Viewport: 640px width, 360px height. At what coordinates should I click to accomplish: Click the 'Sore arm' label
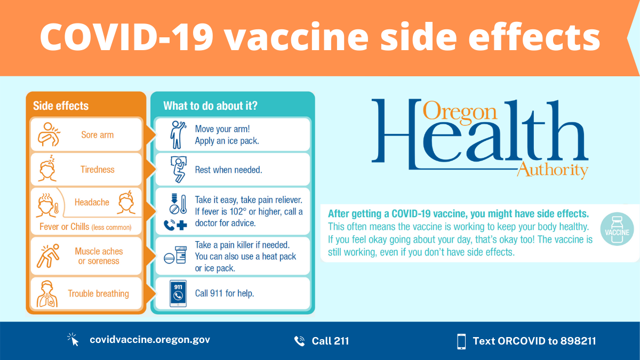click(x=97, y=135)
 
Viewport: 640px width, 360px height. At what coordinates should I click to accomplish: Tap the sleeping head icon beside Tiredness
click(x=49, y=169)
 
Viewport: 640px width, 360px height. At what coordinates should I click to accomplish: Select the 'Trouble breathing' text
click(x=98, y=293)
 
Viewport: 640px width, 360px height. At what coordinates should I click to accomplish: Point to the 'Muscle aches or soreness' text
click(x=99, y=256)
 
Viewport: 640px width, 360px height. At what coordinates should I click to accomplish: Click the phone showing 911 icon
click(x=178, y=294)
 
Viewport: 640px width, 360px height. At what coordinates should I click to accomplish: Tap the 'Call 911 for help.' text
click(x=224, y=293)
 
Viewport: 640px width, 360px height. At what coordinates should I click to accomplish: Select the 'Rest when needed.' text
click(x=228, y=170)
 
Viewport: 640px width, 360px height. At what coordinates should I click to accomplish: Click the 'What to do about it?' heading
click(x=210, y=106)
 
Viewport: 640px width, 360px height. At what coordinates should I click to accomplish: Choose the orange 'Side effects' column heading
click(x=61, y=106)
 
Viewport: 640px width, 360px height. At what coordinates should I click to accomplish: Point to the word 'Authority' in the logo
click(x=552, y=170)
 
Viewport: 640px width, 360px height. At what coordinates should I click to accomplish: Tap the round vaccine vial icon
click(x=618, y=231)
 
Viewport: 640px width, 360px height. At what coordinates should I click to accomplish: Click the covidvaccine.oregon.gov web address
click(x=150, y=340)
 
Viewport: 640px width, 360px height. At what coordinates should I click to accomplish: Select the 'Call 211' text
click(x=330, y=341)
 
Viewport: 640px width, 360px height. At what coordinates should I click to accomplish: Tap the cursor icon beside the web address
click(x=73, y=340)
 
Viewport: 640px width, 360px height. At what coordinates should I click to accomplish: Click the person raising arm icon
click(x=177, y=135)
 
